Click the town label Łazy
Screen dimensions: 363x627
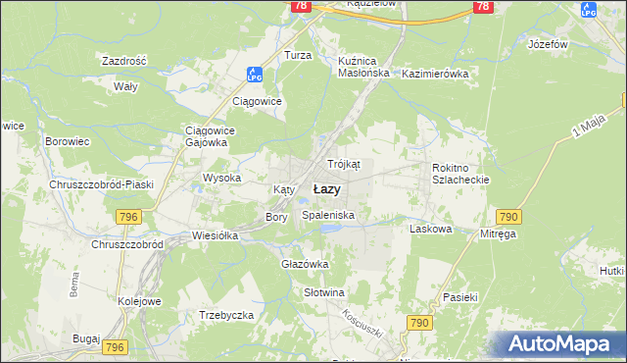click(x=326, y=189)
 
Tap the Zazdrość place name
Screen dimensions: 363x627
click(x=123, y=61)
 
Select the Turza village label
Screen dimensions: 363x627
click(x=298, y=56)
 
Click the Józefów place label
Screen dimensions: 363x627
click(x=549, y=45)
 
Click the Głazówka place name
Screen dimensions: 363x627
click(x=305, y=264)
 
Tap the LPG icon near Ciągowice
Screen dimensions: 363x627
click(x=253, y=74)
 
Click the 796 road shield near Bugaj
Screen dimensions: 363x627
click(x=116, y=347)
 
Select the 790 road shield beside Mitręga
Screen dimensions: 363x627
click(x=507, y=216)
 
